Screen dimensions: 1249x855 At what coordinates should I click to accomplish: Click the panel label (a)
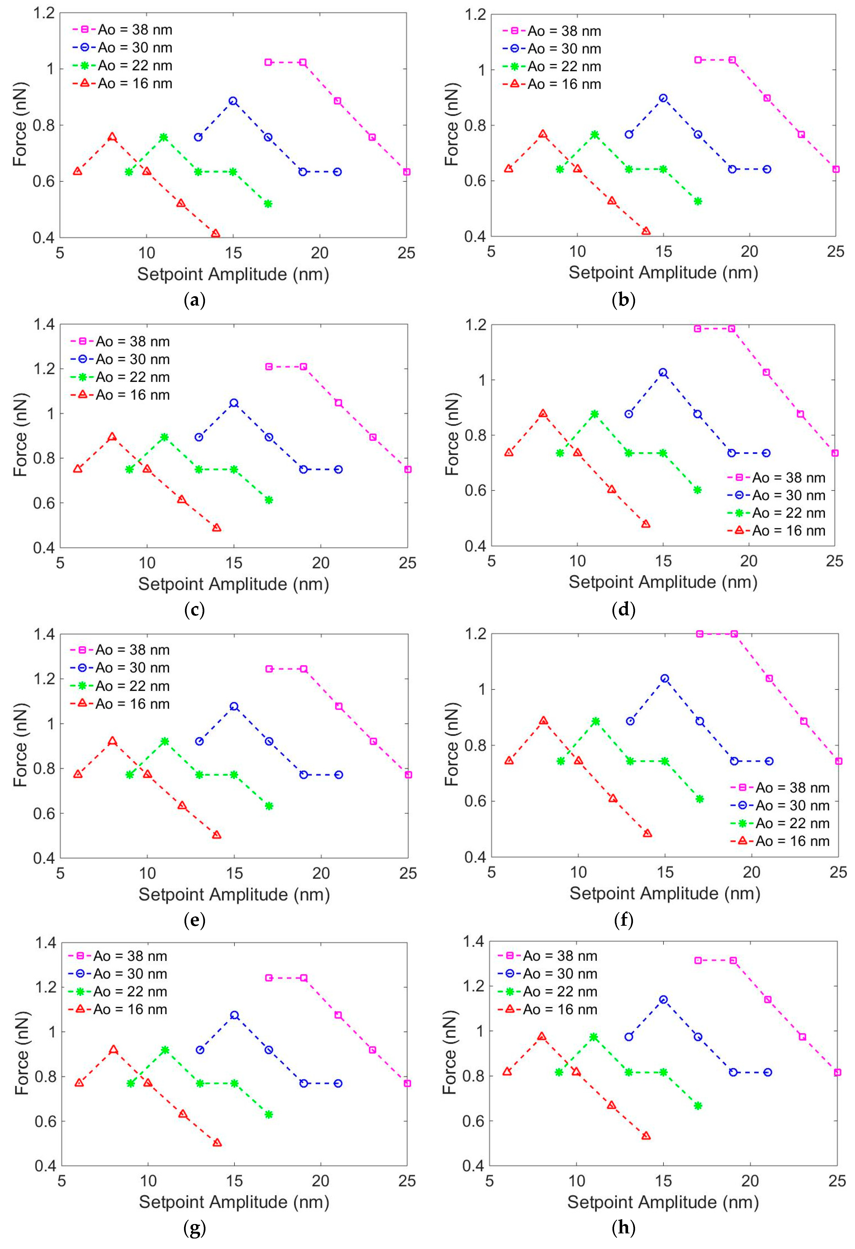(x=195, y=300)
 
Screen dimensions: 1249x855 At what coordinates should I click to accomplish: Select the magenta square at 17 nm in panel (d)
(x=698, y=328)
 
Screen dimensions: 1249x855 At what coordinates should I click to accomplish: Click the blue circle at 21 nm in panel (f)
(x=769, y=761)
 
